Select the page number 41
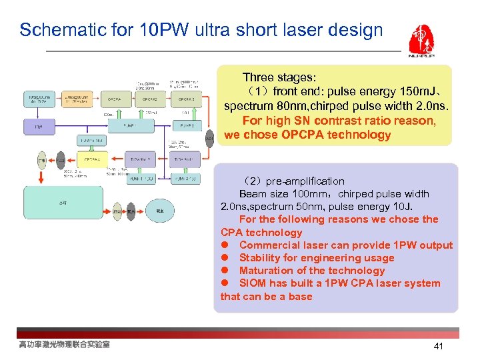click(x=438, y=346)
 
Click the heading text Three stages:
click(x=279, y=77)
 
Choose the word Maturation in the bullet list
click(x=266, y=271)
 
